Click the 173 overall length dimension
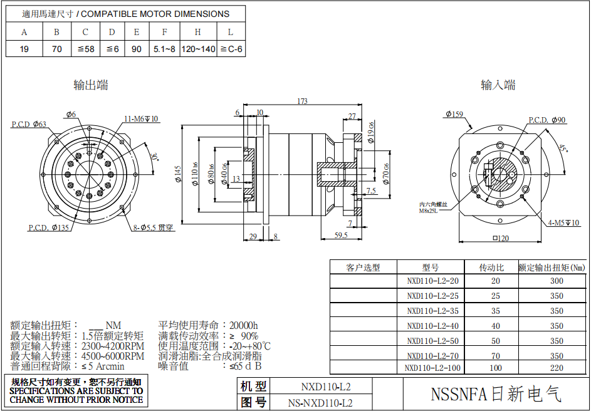pos(302,101)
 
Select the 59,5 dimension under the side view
pos(341,235)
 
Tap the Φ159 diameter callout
pos(454,114)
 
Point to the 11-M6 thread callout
pos(141,118)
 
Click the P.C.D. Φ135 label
pos(49,227)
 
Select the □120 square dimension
pos(499,238)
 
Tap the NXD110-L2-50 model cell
pos(432,341)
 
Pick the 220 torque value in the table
pos(557,368)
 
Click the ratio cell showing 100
pos(496,368)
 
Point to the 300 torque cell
pos(557,281)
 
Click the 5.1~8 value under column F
pos(164,49)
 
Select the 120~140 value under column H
pos(198,49)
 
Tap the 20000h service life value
pos(243,325)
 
